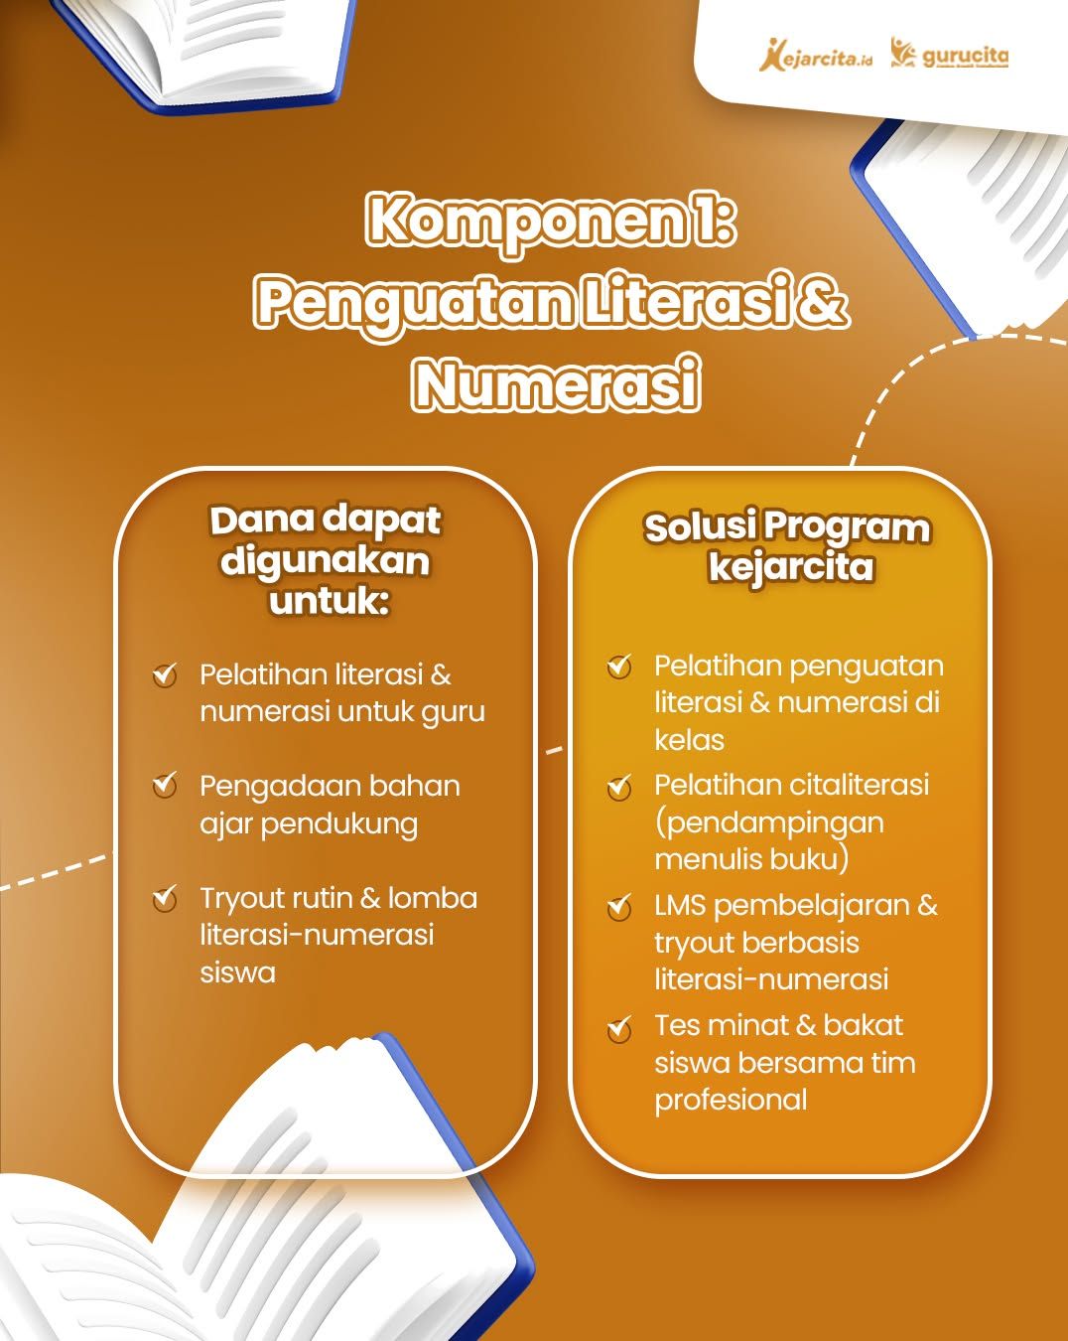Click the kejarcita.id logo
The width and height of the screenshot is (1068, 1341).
816,56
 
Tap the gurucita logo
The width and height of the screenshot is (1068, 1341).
949,55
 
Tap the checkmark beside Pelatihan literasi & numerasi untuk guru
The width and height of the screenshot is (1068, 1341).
165,674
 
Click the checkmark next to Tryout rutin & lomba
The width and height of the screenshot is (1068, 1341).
165,898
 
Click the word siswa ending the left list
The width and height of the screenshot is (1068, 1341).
237,972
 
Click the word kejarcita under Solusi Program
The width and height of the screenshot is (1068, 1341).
791,567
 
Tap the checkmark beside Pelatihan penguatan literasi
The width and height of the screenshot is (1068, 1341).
619,667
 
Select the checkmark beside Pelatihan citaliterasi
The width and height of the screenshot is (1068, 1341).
619,787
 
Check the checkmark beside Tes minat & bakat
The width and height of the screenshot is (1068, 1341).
619,1029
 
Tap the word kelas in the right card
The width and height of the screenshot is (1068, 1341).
690,740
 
